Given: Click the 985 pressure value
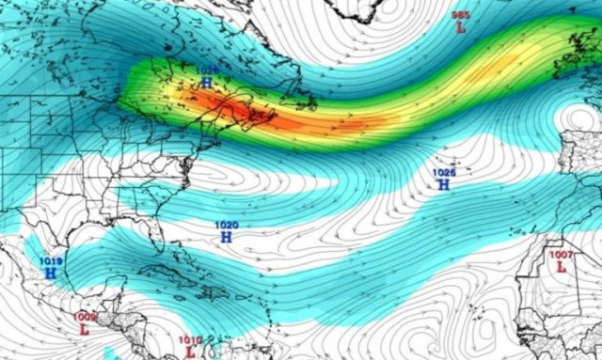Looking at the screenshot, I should [x=461, y=15].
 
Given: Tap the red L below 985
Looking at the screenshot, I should [x=461, y=28].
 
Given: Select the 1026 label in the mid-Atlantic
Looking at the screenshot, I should [x=443, y=173].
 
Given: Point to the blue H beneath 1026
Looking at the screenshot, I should [x=443, y=185].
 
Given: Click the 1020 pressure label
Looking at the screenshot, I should [x=227, y=226].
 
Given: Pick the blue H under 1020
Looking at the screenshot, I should [x=227, y=238].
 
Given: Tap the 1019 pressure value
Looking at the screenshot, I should [x=51, y=261].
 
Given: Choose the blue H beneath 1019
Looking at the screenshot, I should [x=51, y=274].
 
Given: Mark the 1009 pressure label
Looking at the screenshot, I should [x=84, y=318].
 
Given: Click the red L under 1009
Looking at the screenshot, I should [x=84, y=330].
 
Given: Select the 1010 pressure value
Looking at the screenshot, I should [x=190, y=340].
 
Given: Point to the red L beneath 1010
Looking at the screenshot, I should [x=190, y=352].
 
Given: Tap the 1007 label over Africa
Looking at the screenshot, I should [x=562, y=255].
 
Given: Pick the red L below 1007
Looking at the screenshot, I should [x=562, y=267].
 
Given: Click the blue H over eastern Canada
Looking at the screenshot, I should [x=206, y=83].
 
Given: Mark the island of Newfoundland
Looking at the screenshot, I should [x=299, y=94].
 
